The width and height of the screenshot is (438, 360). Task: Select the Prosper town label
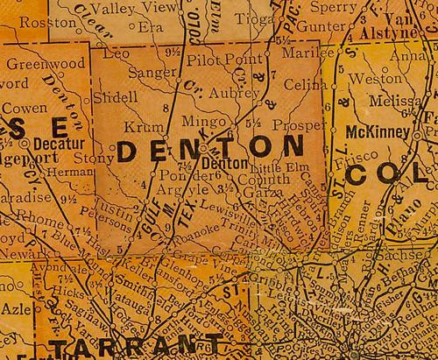point(294,125)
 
